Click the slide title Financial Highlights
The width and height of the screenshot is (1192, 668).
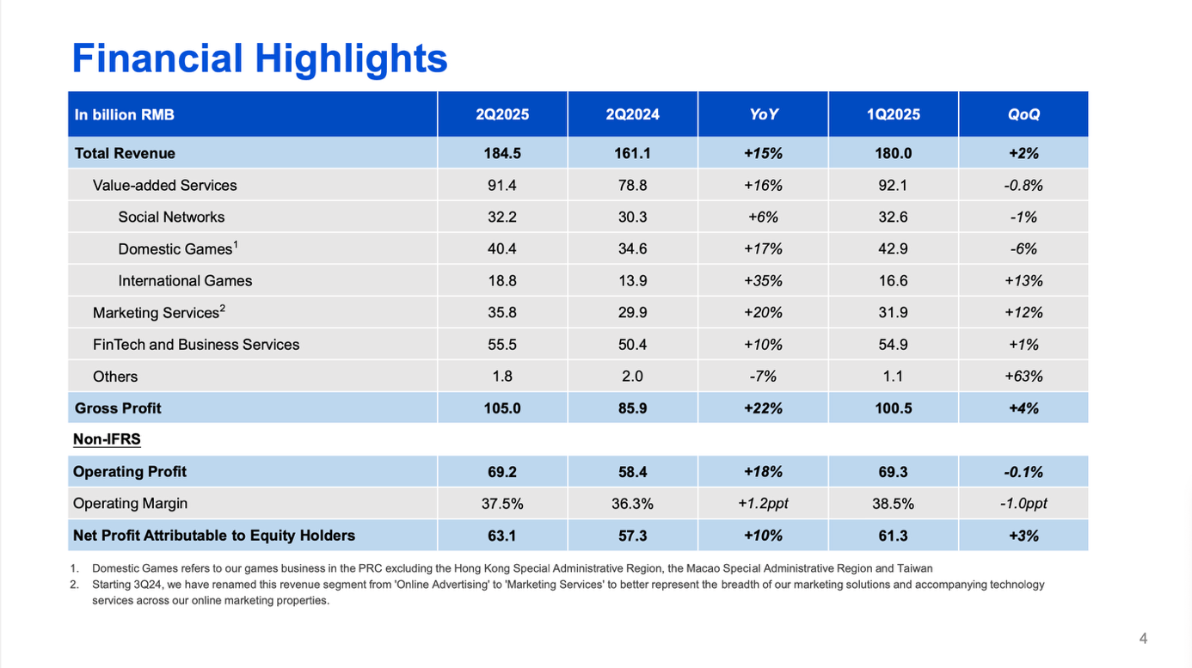coord(259,58)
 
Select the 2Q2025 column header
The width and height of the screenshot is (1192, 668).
coord(502,114)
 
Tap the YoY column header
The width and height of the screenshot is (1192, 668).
coord(763,114)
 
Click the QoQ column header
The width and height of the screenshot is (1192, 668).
coord(1023,114)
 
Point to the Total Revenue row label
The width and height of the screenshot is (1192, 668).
coord(125,153)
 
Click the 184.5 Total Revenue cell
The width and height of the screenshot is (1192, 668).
coord(502,153)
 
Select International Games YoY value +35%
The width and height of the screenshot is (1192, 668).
coord(763,280)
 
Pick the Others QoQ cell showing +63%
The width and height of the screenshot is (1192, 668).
coord(1023,377)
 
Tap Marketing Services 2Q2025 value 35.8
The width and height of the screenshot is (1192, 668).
coord(502,313)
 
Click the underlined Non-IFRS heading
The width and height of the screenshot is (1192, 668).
coord(107,439)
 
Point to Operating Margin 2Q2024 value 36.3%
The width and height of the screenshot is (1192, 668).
coord(632,504)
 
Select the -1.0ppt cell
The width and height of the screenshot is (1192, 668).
coord(1023,504)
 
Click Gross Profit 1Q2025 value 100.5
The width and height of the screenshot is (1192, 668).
coord(893,408)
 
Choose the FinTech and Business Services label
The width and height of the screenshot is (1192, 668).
coord(196,345)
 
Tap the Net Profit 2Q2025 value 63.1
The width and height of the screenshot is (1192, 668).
coord(502,536)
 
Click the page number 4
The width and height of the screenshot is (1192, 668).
coord(1143,638)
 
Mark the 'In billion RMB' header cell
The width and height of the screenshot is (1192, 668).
coord(125,114)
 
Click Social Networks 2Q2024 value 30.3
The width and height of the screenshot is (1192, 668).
coord(632,217)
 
